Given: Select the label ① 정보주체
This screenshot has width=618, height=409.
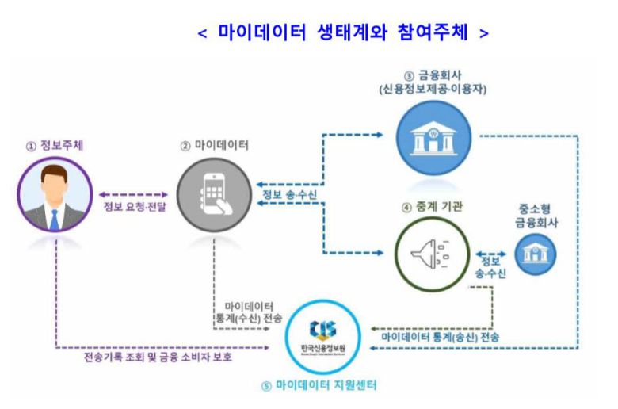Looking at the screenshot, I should pos(55,146).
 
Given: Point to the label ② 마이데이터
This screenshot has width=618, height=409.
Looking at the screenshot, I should pos(216,146).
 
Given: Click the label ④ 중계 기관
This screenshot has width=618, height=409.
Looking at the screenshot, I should pos(433,208).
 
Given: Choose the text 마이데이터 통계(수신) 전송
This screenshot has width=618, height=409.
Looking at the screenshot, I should pos(249,311).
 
